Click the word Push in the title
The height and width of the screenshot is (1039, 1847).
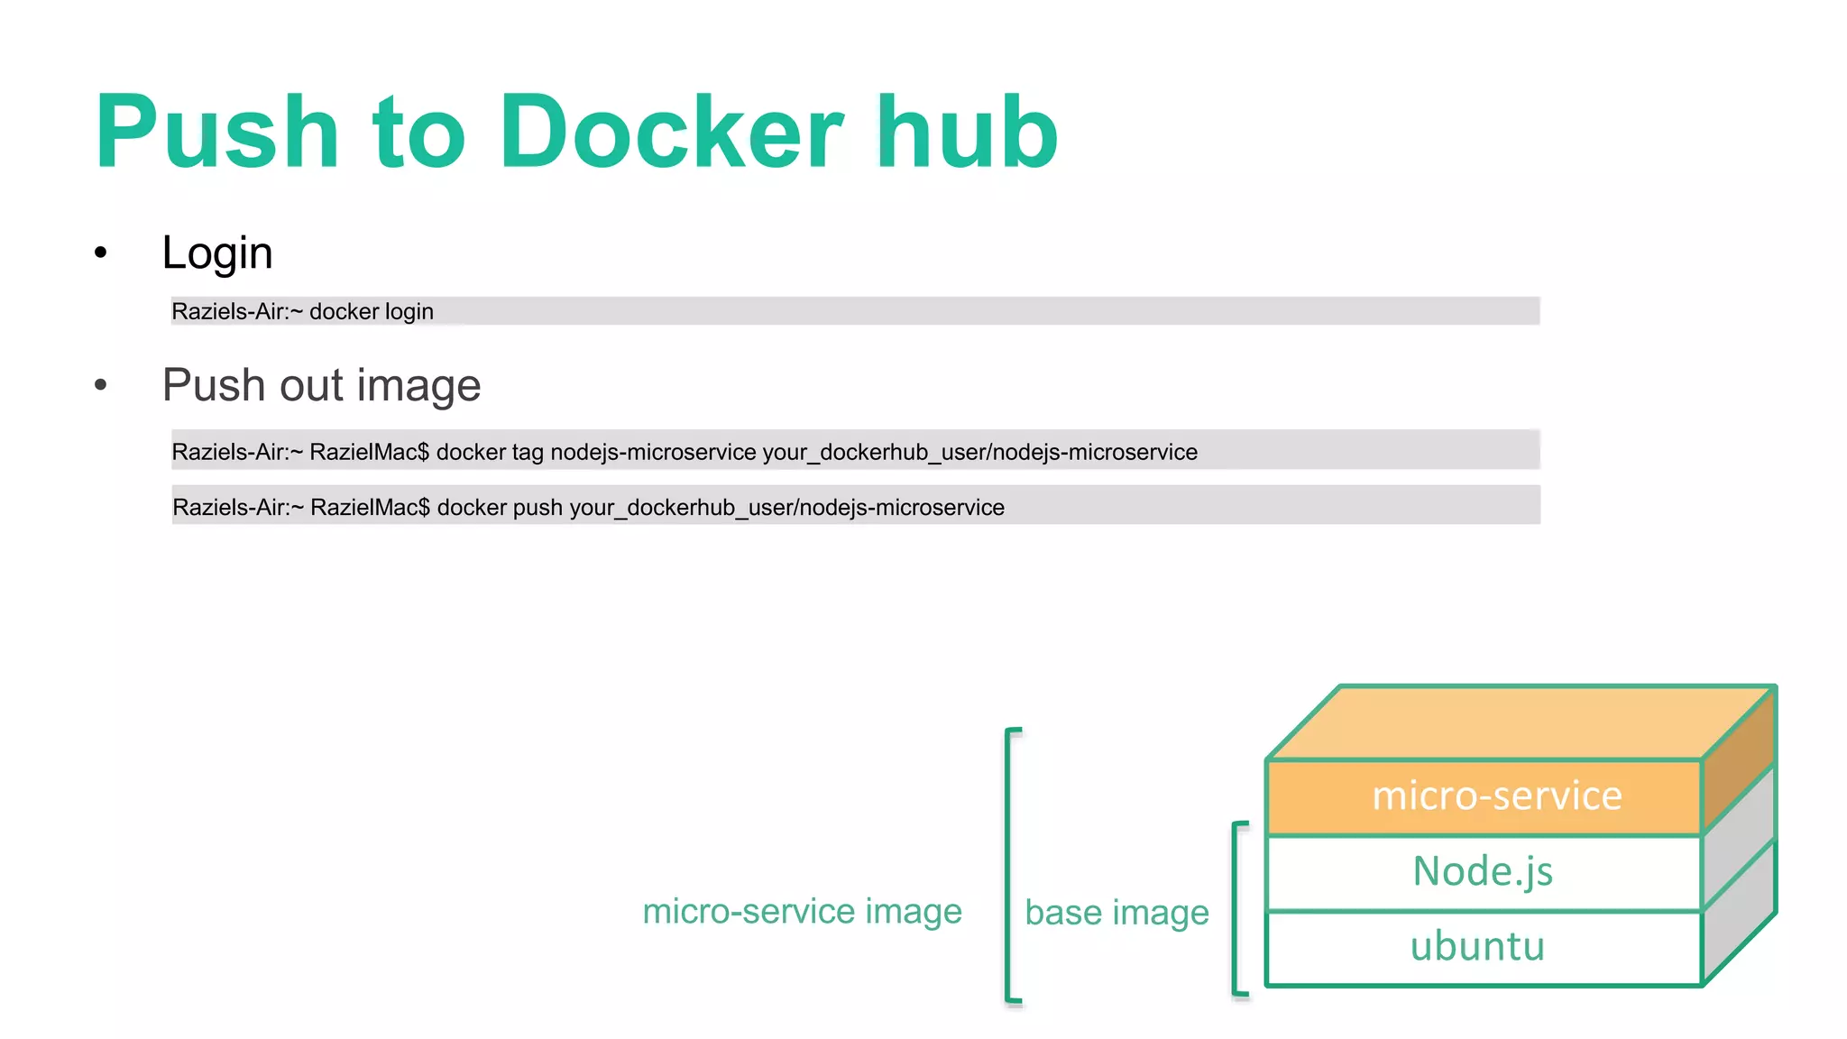[x=217, y=133]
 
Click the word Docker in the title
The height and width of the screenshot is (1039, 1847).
[x=671, y=133]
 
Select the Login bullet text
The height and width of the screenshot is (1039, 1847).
[x=217, y=253]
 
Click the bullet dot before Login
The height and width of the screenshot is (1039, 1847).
[x=101, y=253]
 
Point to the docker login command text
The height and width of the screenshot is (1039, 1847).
[x=371, y=311]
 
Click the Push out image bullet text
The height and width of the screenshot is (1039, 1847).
[x=321, y=385]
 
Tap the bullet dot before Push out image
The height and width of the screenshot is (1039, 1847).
[x=101, y=385]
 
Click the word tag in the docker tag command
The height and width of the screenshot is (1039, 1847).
[x=528, y=453]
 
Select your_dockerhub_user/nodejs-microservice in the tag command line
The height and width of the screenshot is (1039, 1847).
[x=979, y=452]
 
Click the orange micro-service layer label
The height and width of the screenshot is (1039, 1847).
[x=1496, y=796]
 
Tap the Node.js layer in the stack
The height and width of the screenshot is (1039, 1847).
[x=1483, y=872]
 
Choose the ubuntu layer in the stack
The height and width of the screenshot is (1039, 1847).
[x=1477, y=947]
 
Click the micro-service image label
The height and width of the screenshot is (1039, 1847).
[x=802, y=911]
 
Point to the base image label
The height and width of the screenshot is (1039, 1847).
[x=1116, y=913]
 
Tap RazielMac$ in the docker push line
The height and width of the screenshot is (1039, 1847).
[x=370, y=508]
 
